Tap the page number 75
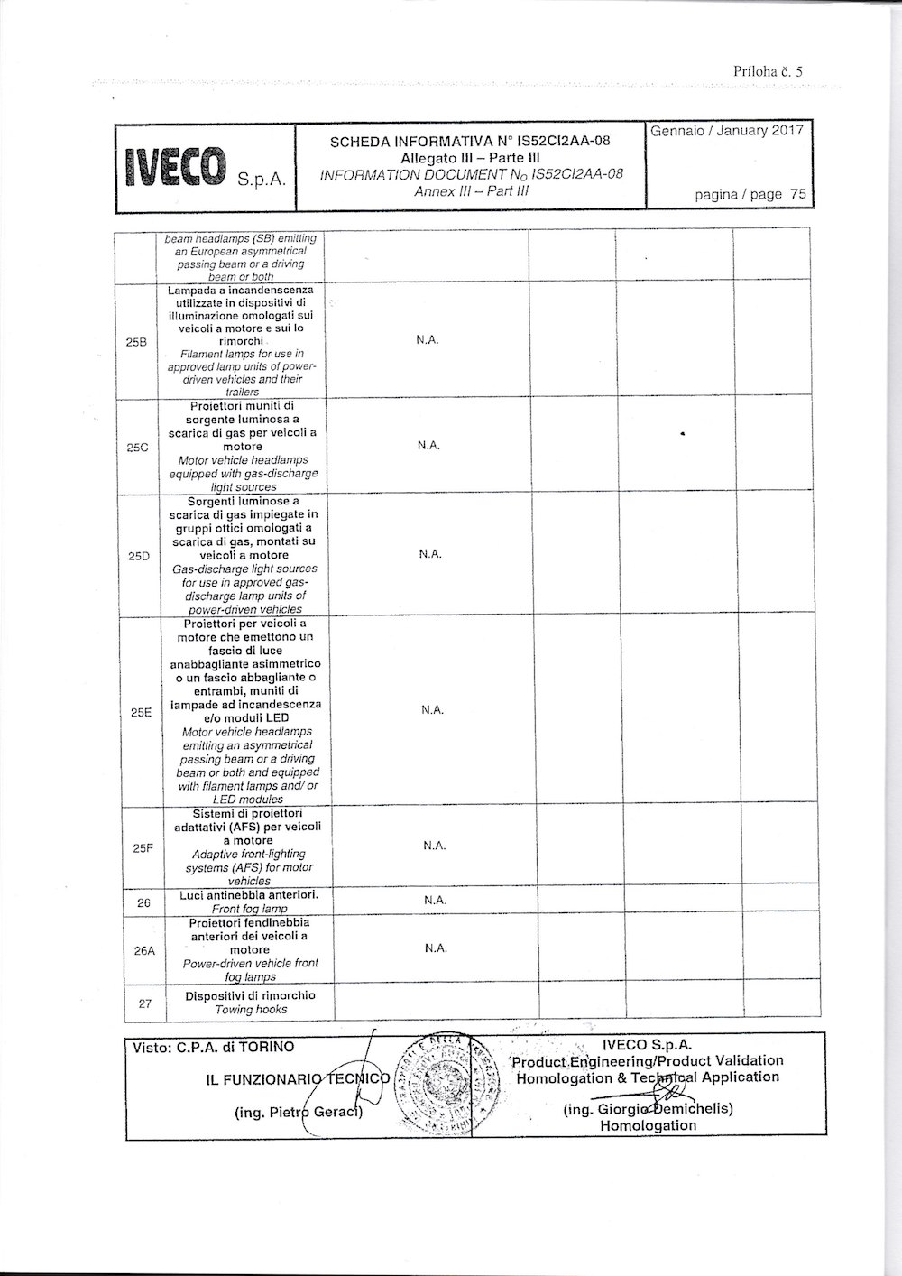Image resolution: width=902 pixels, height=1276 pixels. pyautogui.click(x=797, y=194)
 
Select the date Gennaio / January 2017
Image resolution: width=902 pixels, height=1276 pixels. pyautogui.click(x=726, y=131)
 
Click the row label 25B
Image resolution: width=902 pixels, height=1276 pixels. pyautogui.click(x=137, y=343)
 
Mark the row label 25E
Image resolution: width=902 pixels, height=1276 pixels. pyautogui.click(x=141, y=712)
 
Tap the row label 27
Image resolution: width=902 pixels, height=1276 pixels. pyautogui.click(x=145, y=1003)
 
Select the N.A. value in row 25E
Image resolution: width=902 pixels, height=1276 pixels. pyautogui.click(x=432, y=710)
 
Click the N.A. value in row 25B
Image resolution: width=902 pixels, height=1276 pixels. pyautogui.click(x=427, y=342)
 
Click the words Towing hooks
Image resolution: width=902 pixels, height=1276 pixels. pyautogui.click(x=245, y=1010)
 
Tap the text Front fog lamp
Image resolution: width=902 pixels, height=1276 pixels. pyautogui.click(x=244, y=910)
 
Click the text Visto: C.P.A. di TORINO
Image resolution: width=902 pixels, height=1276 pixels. pyautogui.click(x=213, y=1048)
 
